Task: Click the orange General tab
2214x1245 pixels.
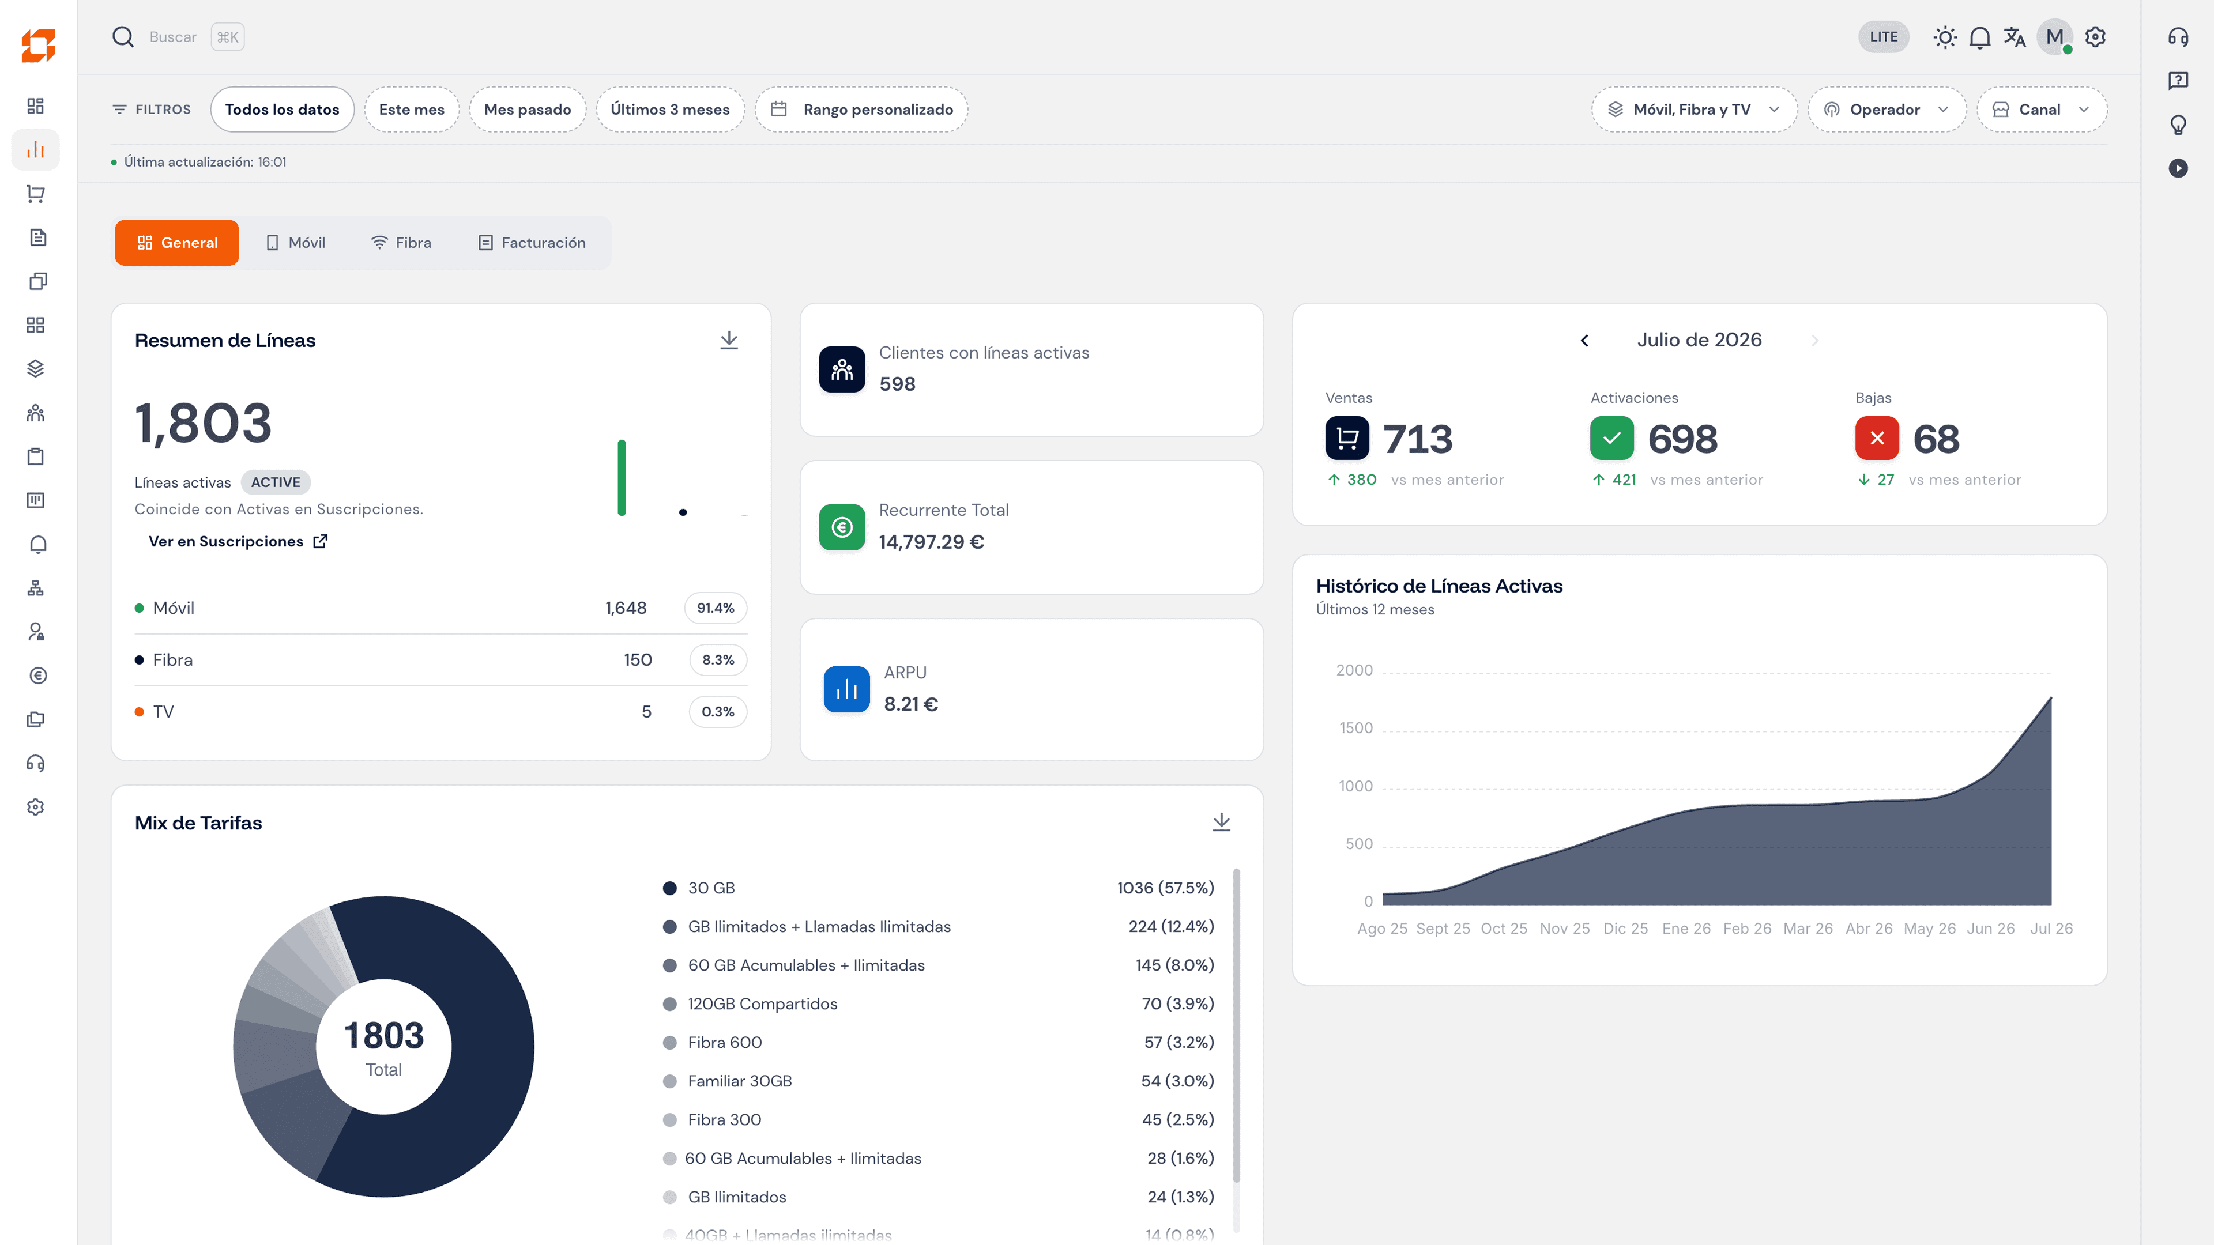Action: tap(177, 242)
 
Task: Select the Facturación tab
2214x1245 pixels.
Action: tap(532, 242)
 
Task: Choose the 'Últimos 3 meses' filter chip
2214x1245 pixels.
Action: tap(669, 109)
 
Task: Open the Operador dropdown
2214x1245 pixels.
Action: tap(1887, 109)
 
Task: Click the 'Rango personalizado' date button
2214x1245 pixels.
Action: tap(861, 109)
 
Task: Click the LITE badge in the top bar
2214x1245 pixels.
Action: tap(1883, 37)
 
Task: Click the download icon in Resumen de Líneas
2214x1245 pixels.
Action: tap(729, 340)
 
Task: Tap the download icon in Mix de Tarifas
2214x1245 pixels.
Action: tap(1221, 823)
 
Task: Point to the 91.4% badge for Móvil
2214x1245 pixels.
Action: tap(715, 608)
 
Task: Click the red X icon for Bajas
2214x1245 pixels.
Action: tap(1877, 438)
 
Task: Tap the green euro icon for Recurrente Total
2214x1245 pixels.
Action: tap(841, 527)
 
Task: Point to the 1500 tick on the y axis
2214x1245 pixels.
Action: tap(1356, 728)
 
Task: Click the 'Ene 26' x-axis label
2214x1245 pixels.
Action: tap(1686, 929)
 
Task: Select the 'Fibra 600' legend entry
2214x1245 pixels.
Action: tap(725, 1042)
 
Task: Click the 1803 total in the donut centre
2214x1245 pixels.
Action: tap(384, 1035)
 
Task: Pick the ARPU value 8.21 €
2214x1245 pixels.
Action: tap(911, 704)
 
